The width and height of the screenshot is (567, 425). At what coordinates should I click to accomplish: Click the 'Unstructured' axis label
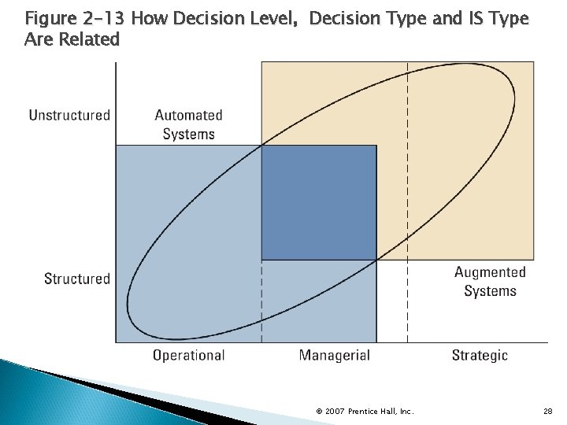tap(69, 116)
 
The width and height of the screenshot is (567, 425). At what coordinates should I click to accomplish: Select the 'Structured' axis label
tap(77, 279)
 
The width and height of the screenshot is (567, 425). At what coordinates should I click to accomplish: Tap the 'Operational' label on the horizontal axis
tap(188, 356)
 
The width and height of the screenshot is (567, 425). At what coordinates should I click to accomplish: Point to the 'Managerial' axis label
tap(334, 356)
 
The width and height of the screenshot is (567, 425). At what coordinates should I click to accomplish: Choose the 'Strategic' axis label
tap(480, 356)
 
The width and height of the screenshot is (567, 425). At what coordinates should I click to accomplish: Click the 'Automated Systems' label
tap(188, 124)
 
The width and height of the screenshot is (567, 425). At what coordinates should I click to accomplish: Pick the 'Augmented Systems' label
tap(490, 282)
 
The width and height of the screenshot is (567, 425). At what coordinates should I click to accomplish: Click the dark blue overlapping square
tap(319, 202)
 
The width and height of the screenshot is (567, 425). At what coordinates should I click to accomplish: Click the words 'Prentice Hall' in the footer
tap(372, 411)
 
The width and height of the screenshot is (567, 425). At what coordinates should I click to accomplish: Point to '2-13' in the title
tap(102, 17)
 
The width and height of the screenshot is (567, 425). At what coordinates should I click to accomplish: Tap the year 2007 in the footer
tap(333, 411)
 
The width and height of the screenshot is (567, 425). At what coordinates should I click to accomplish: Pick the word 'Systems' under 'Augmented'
tap(490, 291)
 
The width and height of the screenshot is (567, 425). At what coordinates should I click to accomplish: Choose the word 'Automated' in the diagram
tap(188, 116)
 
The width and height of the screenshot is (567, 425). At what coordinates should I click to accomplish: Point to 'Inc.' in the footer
tap(407, 411)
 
